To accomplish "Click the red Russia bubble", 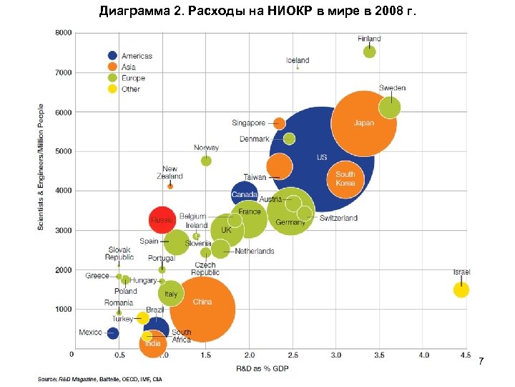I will (x=162, y=219).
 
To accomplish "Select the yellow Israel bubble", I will (x=461, y=290).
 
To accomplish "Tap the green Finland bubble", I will (x=370, y=52).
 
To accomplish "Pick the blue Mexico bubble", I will (x=112, y=333).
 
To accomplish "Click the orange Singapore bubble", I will (x=280, y=123).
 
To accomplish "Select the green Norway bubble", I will (x=206, y=161).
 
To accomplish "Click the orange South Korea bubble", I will (x=345, y=178).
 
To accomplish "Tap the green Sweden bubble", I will (x=390, y=107).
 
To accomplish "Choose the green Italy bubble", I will (x=170, y=293).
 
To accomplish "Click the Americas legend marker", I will (x=112, y=55).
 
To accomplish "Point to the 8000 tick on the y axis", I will (x=64, y=33).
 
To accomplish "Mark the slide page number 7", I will (x=481, y=360).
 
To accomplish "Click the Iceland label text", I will (x=298, y=60).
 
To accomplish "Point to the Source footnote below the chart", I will (x=101, y=378).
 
